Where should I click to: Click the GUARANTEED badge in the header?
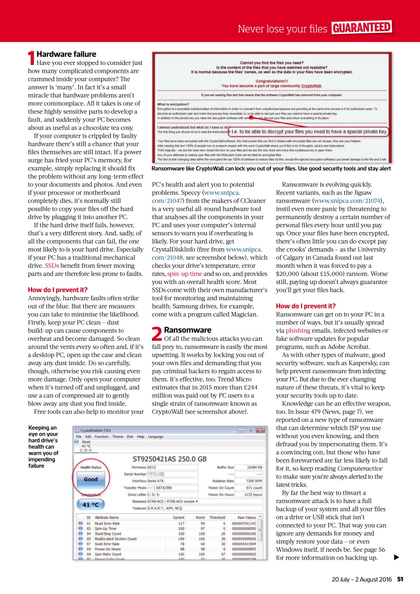(x=361, y=28)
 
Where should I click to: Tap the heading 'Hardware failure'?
(x=66, y=54)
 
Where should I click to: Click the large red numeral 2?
(x=157, y=334)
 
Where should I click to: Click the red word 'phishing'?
(x=298, y=330)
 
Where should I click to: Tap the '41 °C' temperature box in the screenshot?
(x=91, y=504)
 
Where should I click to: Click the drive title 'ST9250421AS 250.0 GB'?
(x=170, y=458)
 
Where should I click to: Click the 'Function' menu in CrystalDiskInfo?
(x=102, y=437)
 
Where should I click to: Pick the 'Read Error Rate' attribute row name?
(x=107, y=523)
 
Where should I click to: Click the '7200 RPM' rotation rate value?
(x=254, y=481)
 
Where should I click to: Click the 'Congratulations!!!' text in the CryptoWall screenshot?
(x=272, y=80)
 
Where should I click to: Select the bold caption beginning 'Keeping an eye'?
(x=43, y=446)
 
